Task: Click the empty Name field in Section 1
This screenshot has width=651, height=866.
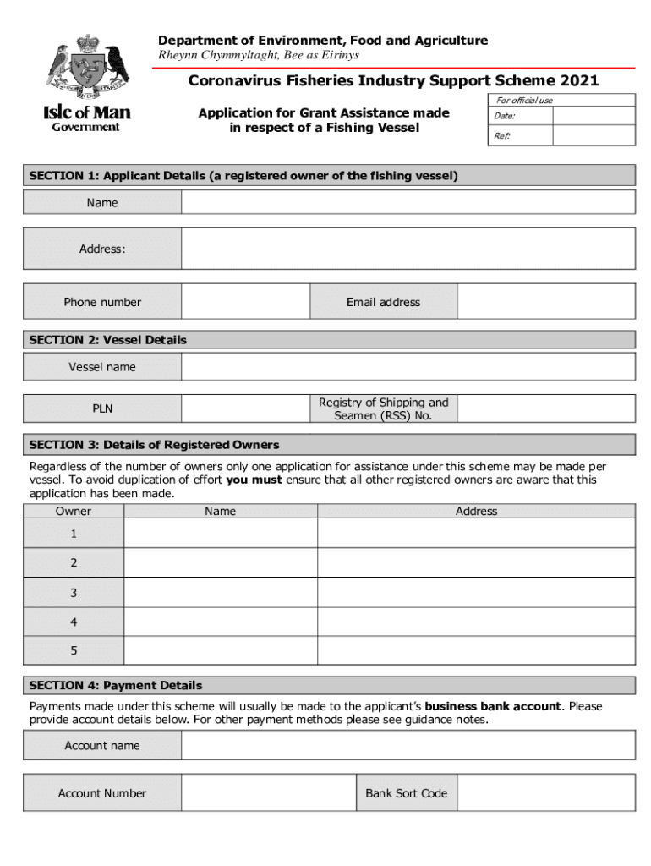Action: click(408, 202)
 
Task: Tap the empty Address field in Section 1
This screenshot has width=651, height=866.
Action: click(408, 249)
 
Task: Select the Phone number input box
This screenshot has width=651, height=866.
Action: click(245, 302)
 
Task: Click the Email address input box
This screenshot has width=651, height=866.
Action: click(545, 302)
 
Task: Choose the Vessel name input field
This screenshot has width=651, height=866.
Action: click(408, 367)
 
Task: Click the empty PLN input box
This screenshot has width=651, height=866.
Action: click(245, 409)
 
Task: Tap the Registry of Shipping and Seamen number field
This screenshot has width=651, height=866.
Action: click(545, 409)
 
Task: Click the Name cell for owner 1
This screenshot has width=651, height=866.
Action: click(221, 534)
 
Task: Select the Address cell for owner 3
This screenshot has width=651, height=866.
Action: click(476, 592)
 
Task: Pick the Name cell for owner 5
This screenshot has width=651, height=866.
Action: click(221, 650)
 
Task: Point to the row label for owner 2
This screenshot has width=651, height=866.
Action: click(74, 562)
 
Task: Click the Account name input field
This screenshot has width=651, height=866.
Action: click(408, 746)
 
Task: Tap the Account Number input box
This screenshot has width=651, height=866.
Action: click(268, 793)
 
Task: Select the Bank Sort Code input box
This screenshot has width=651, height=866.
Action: click(545, 793)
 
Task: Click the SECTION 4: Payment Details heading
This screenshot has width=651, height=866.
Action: click(116, 685)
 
